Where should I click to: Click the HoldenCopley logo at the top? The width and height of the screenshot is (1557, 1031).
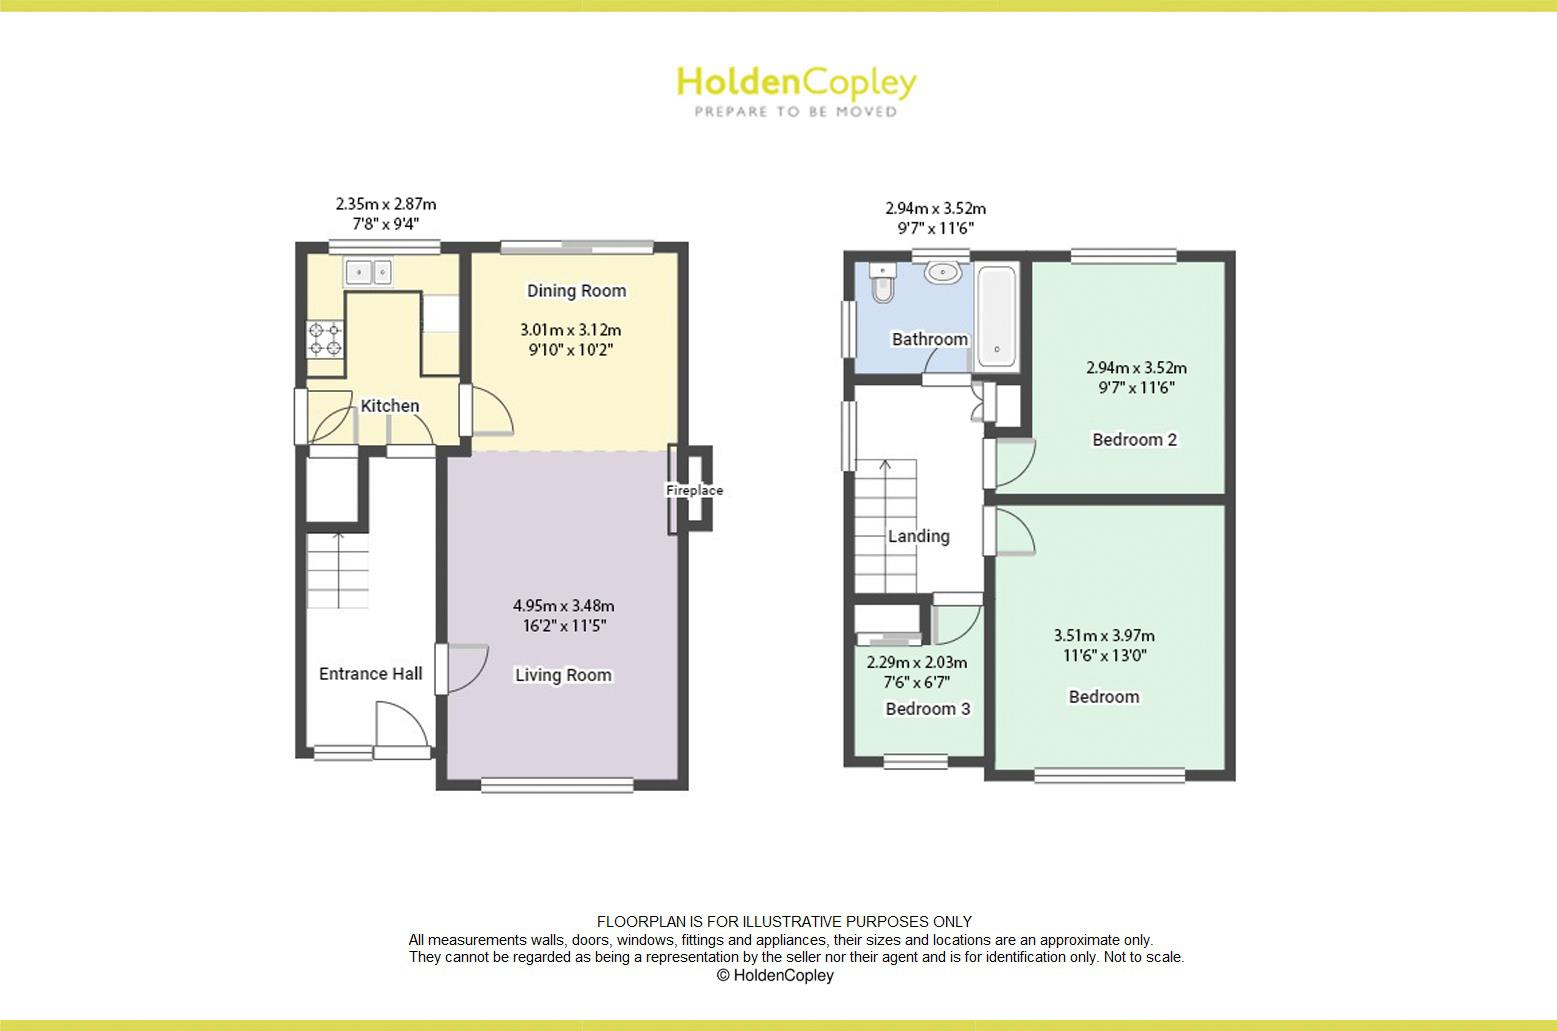796,90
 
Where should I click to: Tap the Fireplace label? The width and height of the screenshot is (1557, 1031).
694,491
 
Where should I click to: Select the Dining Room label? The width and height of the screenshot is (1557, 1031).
577,291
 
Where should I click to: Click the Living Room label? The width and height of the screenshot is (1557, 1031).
563,675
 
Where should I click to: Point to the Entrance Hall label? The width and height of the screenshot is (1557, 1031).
370,674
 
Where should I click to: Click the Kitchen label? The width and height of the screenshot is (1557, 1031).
390,406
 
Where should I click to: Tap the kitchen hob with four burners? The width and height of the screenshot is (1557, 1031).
325,338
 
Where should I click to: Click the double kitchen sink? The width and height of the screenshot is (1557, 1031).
370,270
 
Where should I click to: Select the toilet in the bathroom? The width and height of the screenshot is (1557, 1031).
881,284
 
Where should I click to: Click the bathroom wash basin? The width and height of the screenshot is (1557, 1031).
943,271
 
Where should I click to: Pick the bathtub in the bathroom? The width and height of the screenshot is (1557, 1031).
997,316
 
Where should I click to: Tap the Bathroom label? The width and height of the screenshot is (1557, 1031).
930,340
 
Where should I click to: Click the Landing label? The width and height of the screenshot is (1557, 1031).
919,537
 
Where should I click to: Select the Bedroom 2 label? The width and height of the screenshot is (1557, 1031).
1134,440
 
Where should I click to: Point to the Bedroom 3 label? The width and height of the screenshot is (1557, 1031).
928,709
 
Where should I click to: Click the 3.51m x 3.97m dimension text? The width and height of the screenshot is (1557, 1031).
1104,635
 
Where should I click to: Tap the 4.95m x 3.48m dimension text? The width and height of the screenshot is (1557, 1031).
563,605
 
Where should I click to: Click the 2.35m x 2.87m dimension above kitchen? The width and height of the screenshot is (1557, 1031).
385,204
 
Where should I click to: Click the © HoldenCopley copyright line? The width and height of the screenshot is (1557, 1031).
775,975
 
